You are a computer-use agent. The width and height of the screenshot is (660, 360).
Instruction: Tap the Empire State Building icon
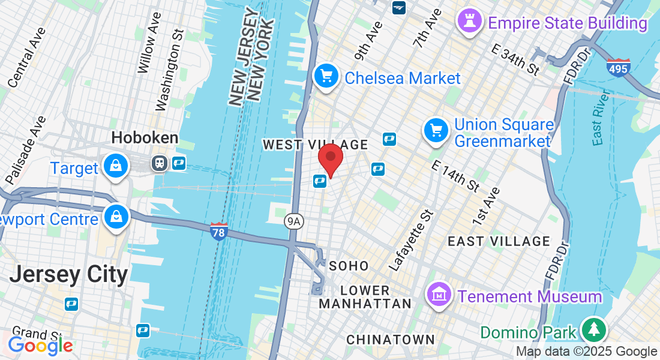(x=469, y=21)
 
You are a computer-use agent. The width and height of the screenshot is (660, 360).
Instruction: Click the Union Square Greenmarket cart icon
(x=436, y=130)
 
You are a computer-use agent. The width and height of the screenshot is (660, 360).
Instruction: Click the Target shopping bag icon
(x=114, y=167)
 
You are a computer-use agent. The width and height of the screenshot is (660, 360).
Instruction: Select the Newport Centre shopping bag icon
(x=114, y=217)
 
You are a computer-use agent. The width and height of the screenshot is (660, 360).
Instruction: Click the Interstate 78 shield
(x=219, y=231)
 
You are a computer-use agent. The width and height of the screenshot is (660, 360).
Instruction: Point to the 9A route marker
(x=294, y=221)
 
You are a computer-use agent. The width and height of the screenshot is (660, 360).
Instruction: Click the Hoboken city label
(x=145, y=138)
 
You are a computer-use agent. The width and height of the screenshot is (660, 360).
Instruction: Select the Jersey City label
(x=68, y=274)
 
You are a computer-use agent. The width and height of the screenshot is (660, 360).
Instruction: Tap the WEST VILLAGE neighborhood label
(x=316, y=145)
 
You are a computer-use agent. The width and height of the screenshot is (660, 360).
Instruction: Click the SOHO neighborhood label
(x=349, y=265)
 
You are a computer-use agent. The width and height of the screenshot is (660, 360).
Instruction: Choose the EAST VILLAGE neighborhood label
(x=499, y=241)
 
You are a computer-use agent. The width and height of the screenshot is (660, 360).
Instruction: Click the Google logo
(x=40, y=346)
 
